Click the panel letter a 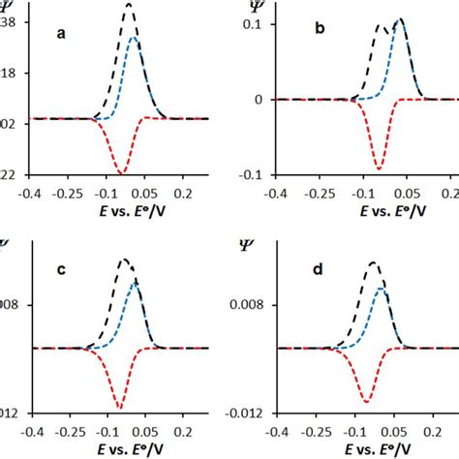coord(61,34)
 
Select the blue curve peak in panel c coord(136,282)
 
